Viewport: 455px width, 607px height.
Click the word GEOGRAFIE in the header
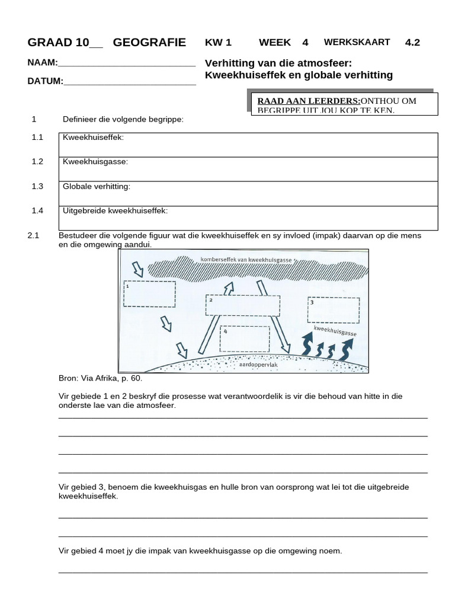[149, 43]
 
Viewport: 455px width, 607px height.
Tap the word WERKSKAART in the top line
[357, 42]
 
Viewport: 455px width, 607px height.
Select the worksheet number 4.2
[412, 42]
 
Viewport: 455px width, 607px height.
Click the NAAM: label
[43, 63]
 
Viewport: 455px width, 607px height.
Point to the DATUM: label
[45, 81]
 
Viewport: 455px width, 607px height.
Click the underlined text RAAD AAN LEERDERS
[308, 101]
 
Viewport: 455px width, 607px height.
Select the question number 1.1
[38, 138]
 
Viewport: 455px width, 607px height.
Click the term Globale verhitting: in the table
[97, 186]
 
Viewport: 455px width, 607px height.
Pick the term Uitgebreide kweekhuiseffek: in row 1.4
[116, 210]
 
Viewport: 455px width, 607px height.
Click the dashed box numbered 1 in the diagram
[149, 294]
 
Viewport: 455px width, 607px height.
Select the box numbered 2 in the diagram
[242, 305]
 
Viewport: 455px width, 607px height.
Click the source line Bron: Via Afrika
[101, 378]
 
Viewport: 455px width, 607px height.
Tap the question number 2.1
[33, 235]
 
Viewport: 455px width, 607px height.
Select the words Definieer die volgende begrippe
[123, 120]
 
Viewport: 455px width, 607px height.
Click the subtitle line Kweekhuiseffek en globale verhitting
[299, 75]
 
